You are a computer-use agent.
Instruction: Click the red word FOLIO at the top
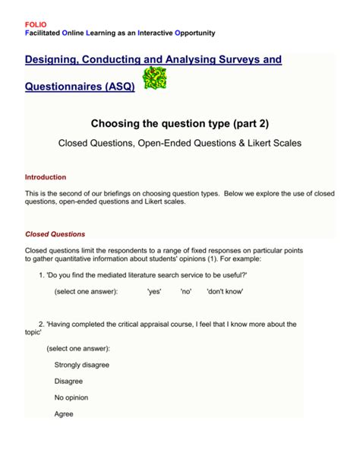[35, 24]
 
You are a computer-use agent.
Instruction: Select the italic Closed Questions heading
[55, 234]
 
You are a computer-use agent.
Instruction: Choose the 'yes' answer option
[154, 291]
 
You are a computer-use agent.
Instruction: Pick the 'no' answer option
[186, 291]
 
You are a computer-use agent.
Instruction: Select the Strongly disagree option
[82, 364]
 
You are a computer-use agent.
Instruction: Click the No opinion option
[71, 398]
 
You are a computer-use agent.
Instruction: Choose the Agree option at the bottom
[64, 414]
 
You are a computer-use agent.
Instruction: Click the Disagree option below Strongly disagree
[69, 381]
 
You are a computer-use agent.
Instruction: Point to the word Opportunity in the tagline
[194, 33]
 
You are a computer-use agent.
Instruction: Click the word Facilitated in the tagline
[46, 33]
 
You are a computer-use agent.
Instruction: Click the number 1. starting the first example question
[42, 274]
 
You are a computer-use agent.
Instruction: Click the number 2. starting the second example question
[42, 323]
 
